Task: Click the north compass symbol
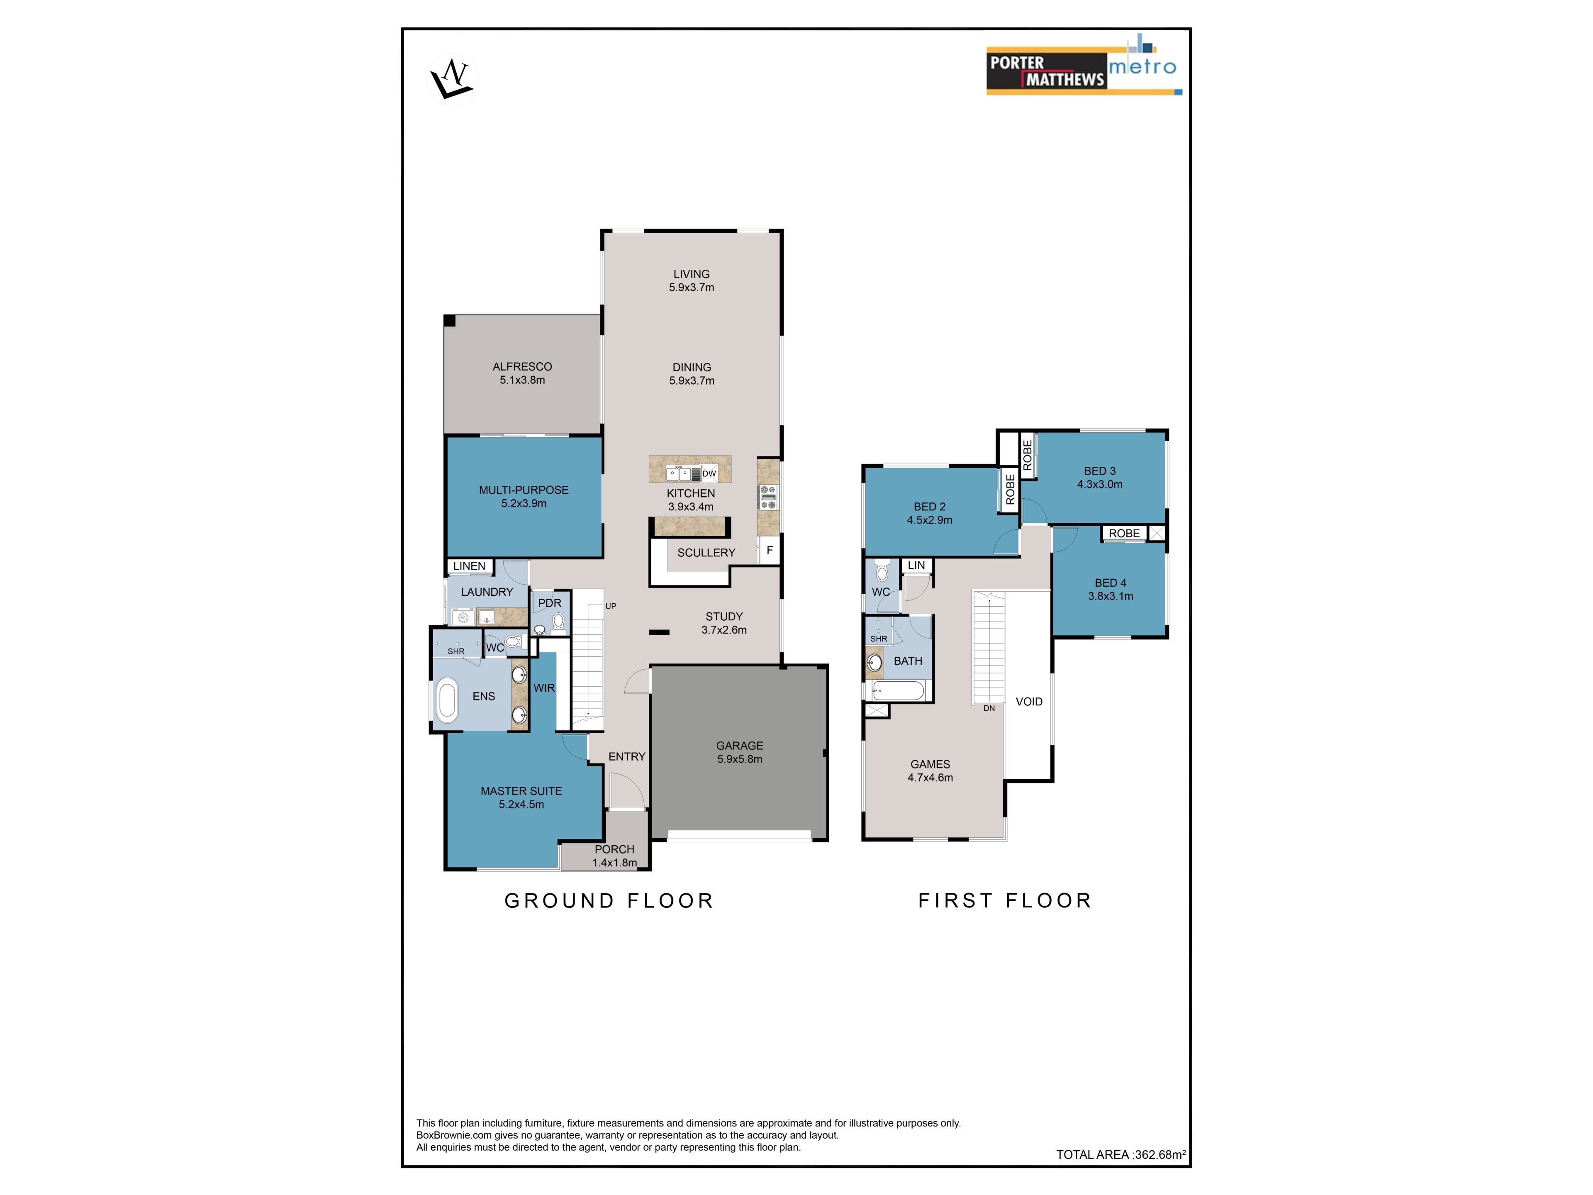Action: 452,79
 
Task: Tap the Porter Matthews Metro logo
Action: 1084,64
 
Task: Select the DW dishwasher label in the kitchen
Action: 709,473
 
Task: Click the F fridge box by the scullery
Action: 769,550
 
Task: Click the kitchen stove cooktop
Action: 768,497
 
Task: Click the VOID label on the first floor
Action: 1029,702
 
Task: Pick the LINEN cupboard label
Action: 470,566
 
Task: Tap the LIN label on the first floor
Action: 917,566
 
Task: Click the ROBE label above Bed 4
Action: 1124,533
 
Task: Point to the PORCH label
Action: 614,849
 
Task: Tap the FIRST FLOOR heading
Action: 1005,900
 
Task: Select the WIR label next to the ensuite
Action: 544,688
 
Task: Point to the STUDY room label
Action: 724,617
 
